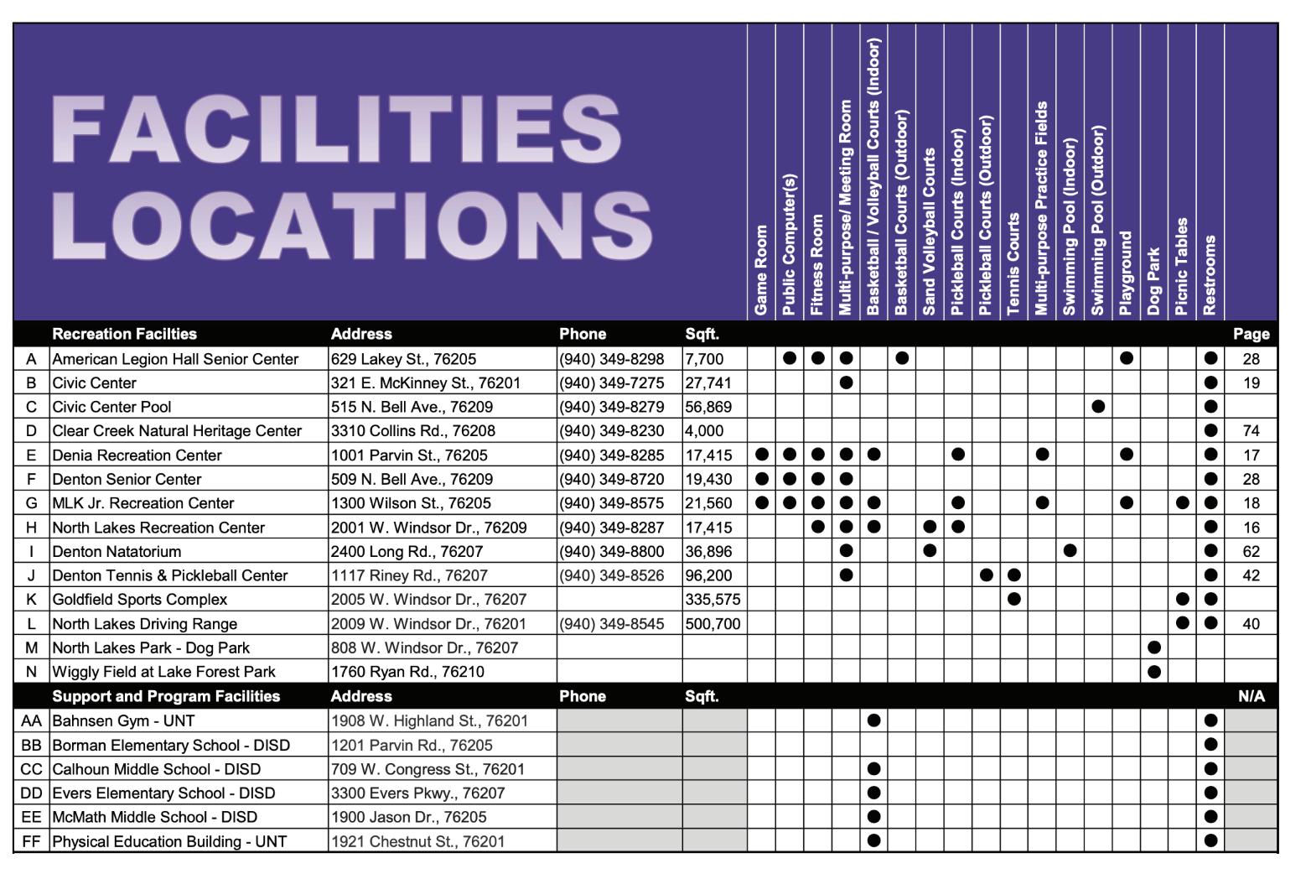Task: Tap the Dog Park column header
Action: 1153,281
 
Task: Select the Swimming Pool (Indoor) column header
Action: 1069,227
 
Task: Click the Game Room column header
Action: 761,270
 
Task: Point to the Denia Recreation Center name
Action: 137,455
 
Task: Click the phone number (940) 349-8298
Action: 611,359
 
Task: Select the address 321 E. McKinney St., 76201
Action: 425,383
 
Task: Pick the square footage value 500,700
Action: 713,624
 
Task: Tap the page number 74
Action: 1251,431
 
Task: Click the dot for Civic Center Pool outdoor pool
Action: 1098,407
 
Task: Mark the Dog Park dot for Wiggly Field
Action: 1153,672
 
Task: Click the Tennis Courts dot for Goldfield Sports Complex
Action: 1013,599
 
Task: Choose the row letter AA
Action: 31,721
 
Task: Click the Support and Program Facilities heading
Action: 166,696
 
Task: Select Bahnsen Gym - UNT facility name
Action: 123,721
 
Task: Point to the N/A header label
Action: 1251,696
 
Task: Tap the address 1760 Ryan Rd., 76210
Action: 407,672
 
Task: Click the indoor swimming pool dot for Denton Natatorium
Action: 1070,551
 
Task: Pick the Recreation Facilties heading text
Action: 124,334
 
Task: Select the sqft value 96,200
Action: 708,575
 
